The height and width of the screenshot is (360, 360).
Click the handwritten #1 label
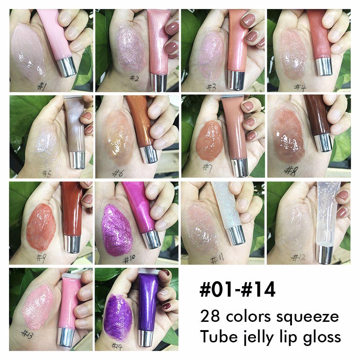coord(42,86)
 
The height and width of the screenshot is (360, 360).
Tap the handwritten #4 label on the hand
coord(300,87)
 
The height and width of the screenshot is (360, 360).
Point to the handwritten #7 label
coord(208,168)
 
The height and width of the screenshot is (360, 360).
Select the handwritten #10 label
coord(129,260)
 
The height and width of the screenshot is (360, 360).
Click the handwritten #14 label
coord(117,346)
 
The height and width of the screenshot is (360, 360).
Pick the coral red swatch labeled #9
coord(41,227)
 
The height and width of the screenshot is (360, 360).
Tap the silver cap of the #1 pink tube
coord(67,67)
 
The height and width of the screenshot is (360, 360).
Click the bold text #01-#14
coord(237,290)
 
